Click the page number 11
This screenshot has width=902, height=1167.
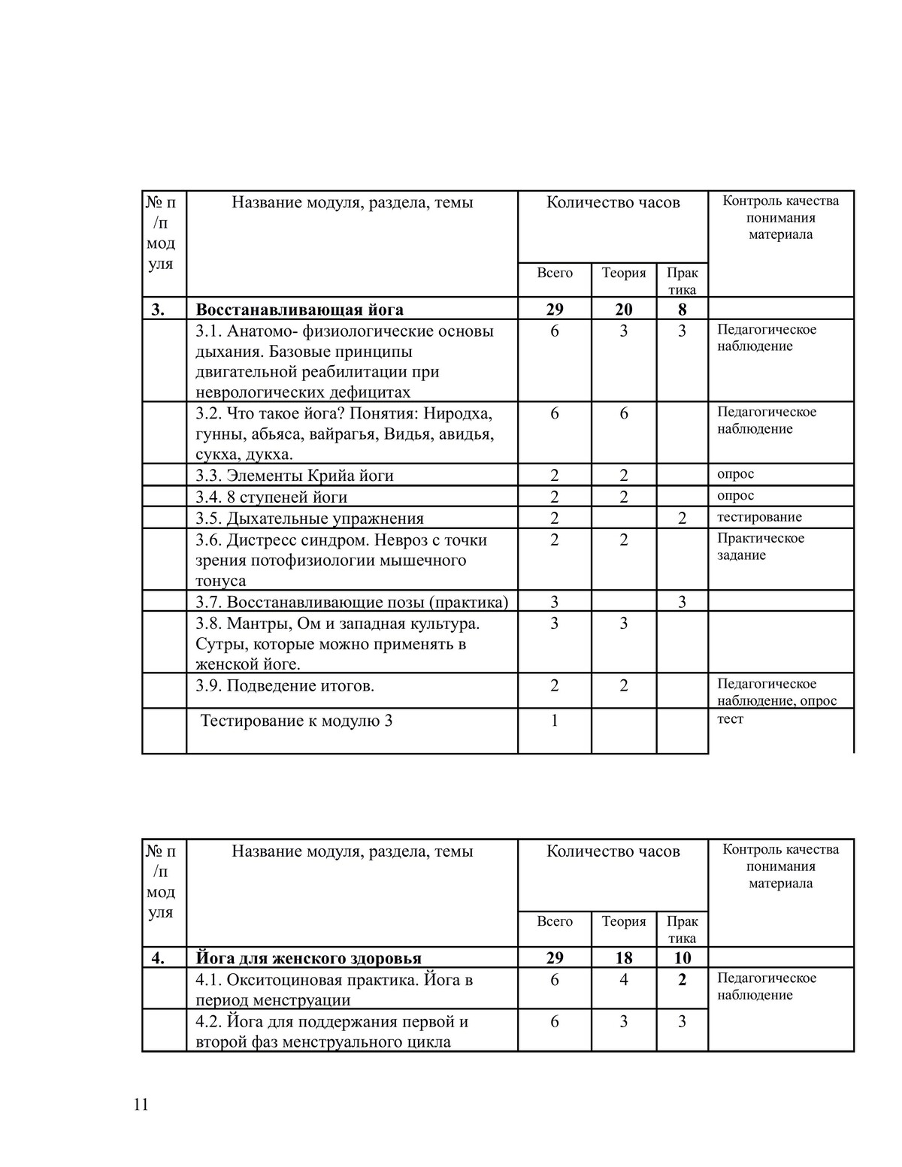[141, 1105]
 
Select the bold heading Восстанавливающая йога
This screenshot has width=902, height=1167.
[299, 310]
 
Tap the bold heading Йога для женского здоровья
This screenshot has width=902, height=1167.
[308, 958]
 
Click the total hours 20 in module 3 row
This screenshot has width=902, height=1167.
[624, 310]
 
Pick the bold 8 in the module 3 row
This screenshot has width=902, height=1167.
[682, 310]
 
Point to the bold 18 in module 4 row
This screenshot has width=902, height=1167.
[624, 958]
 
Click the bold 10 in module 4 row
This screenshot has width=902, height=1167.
[682, 958]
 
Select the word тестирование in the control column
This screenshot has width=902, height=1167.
[759, 517]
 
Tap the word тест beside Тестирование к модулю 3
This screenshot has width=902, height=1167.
[730, 719]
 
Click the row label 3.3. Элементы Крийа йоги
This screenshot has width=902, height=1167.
[295, 476]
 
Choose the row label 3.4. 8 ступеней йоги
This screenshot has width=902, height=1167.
[271, 497]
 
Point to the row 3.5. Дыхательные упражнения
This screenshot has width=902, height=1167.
[310, 518]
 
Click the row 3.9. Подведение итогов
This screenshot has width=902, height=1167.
[285, 685]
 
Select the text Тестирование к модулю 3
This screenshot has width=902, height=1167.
[296, 721]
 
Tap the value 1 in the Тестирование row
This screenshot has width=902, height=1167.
[555, 721]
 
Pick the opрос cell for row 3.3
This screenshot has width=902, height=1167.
[735, 474]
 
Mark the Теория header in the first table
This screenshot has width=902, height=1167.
[624, 273]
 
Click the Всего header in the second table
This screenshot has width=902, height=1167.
[555, 921]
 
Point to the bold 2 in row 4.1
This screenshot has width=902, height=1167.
[682, 980]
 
